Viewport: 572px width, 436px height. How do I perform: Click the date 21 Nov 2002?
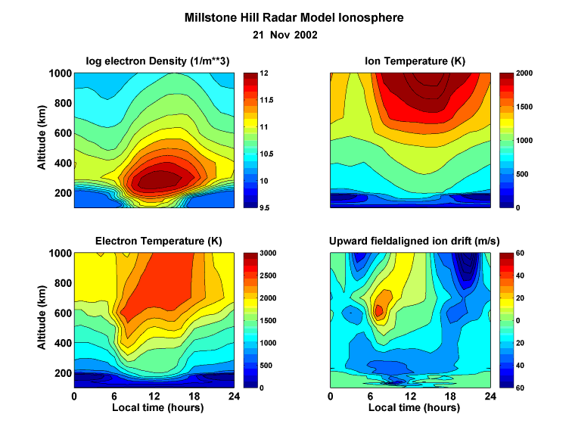click(x=284, y=35)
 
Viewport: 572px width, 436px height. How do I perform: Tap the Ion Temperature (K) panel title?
click(x=410, y=61)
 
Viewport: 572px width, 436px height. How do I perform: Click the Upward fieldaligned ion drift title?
click(x=410, y=241)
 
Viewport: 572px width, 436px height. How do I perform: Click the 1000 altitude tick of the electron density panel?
click(x=60, y=73)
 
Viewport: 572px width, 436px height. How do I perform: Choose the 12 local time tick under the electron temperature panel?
click(x=155, y=396)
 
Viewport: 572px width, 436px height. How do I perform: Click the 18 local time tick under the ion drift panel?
click(x=451, y=396)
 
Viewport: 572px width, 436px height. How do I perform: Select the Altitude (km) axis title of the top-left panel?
click(x=43, y=140)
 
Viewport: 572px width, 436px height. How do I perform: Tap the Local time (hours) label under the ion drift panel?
click(x=410, y=407)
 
